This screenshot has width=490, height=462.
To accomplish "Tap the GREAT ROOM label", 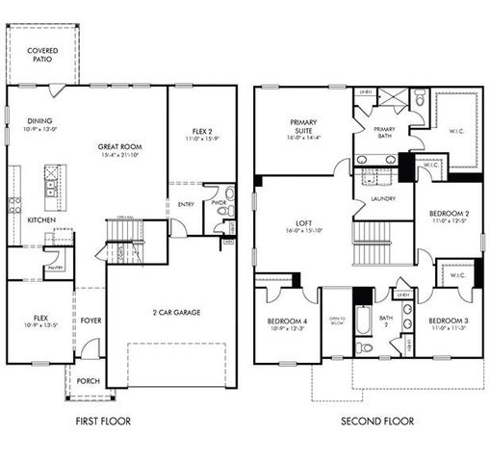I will [120, 147].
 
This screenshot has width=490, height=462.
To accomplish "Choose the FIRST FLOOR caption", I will [102, 421].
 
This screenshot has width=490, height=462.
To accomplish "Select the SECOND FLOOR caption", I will [377, 421].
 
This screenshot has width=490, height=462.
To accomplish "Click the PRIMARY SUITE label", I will [303, 127].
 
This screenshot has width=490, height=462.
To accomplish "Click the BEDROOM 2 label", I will [449, 213].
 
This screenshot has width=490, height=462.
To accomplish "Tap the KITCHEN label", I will [40, 219].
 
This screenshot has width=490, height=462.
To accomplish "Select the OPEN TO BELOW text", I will [337, 321].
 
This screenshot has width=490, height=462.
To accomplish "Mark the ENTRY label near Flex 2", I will [186, 203].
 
